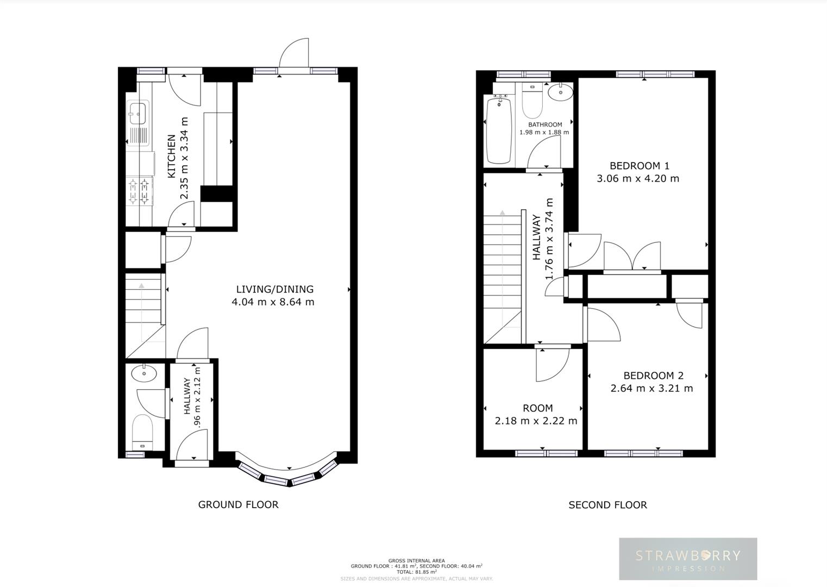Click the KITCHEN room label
[x=171, y=157]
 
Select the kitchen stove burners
[x=139, y=191]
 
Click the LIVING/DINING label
[x=274, y=289]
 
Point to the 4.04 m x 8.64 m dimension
[x=273, y=302]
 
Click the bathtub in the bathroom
[x=499, y=130]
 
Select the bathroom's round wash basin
[x=560, y=92]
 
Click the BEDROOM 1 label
[x=639, y=166]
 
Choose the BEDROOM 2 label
[x=653, y=376]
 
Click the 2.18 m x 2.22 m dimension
[x=536, y=421]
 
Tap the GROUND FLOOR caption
[x=238, y=504]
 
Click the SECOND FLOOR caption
[x=607, y=505]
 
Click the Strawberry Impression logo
[x=688, y=559]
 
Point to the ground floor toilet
[x=142, y=430]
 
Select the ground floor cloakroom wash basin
[x=143, y=373]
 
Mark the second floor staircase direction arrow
[x=503, y=213]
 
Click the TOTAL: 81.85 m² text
[x=416, y=572]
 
